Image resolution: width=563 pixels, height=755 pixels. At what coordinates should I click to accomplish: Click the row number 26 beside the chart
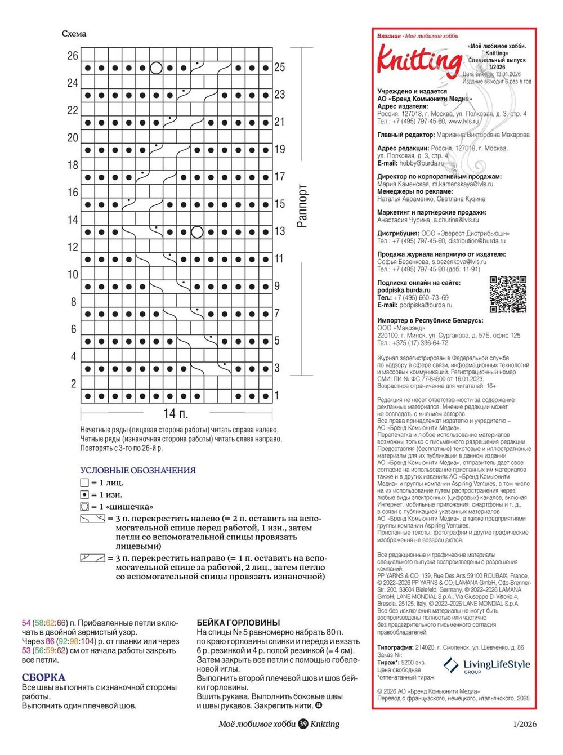click(x=73, y=56)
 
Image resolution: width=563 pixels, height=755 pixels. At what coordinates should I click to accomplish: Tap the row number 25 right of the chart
click(x=280, y=68)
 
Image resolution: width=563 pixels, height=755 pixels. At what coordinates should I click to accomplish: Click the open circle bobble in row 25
click(x=156, y=68)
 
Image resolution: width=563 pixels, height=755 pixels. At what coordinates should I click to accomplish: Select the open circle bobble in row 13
click(x=197, y=231)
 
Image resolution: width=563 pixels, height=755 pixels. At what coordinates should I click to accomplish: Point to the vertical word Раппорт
click(x=302, y=205)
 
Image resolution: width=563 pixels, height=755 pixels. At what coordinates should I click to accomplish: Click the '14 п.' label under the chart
click(x=176, y=414)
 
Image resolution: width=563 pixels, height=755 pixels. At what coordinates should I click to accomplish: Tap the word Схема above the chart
click(x=74, y=34)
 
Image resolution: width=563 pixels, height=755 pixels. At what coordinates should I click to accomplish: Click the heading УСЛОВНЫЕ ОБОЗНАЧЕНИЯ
click(x=138, y=471)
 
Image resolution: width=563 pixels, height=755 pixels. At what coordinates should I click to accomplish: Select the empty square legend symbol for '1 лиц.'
click(x=84, y=483)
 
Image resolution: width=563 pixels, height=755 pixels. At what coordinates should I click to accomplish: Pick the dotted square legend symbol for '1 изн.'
click(x=84, y=495)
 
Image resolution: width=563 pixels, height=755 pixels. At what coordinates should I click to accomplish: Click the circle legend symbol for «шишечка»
click(x=84, y=507)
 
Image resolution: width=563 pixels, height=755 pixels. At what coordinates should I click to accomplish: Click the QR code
click(x=508, y=294)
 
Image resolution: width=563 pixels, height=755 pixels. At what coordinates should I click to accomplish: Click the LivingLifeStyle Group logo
click(x=487, y=666)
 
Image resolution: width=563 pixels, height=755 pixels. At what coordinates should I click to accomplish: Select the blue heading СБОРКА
click(x=43, y=677)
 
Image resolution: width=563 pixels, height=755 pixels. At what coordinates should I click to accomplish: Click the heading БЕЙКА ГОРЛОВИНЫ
click(x=238, y=623)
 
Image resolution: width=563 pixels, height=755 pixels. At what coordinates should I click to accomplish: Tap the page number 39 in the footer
click(x=303, y=724)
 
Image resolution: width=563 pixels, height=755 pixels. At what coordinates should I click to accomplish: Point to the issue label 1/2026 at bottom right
click(x=525, y=724)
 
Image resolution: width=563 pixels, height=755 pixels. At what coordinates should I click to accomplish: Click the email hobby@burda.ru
click(x=422, y=163)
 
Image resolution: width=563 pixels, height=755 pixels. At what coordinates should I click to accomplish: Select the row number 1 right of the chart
click(x=277, y=396)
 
